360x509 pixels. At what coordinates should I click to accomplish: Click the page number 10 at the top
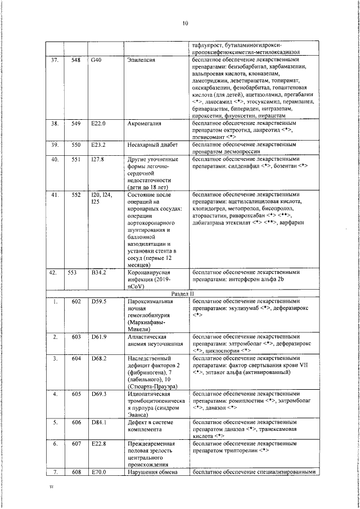click(185, 23)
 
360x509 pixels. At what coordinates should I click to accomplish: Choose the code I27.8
click(97, 159)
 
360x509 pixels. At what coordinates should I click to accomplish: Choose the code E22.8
click(98, 443)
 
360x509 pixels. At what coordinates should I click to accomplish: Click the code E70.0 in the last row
click(98, 472)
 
